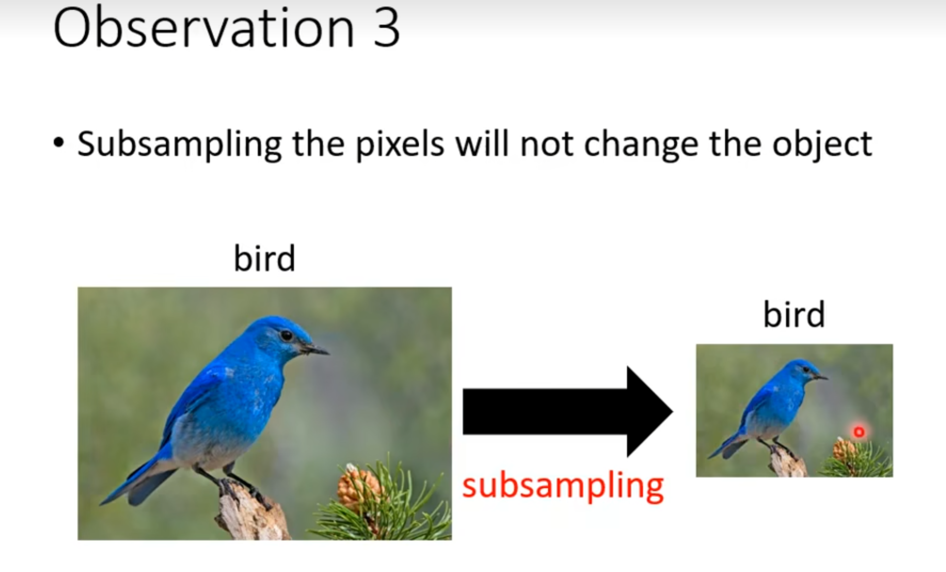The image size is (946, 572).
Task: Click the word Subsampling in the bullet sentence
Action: pos(179,144)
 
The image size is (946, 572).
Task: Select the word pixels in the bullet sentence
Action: pos(400,143)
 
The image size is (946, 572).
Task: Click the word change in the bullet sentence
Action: pos(641,144)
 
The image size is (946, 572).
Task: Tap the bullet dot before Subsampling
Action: pos(59,143)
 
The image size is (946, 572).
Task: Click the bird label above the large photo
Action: pos(265,258)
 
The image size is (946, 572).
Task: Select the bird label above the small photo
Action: pos(794,314)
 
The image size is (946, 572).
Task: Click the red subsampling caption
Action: pos(563,486)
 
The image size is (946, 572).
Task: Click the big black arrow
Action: pos(567,411)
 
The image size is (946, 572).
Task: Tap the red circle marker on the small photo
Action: pos(859,432)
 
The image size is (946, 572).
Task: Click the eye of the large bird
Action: pos(287,335)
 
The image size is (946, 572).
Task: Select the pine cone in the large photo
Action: pos(357,486)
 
